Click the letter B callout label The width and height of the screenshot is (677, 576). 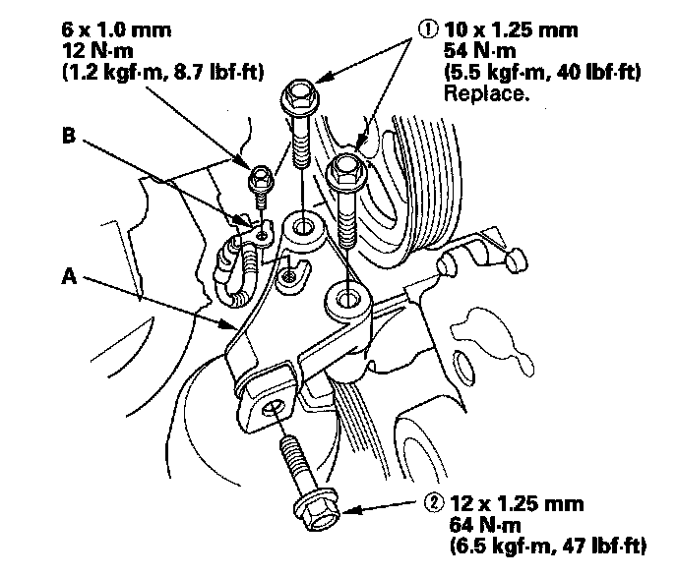[x=68, y=139]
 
